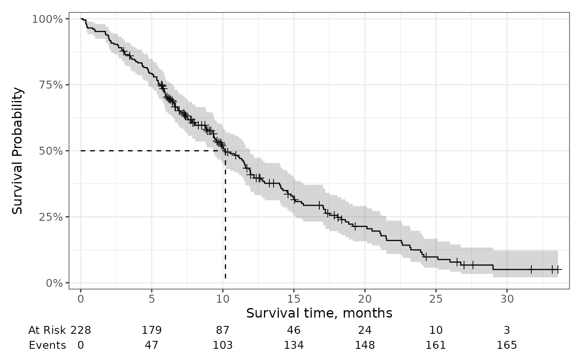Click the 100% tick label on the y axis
tap(47, 19)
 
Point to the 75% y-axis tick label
tap(51, 85)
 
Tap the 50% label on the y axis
tap(51, 151)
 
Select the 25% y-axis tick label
tap(51, 217)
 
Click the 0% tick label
tap(54, 283)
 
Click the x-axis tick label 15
tap(294, 299)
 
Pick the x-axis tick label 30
tap(507, 299)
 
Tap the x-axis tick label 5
tap(152, 299)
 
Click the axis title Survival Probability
tap(17, 150)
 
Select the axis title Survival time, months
tap(319, 313)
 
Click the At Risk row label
tap(47, 330)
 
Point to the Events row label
tap(47, 345)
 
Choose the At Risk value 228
tap(81, 330)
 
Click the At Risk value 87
tap(223, 330)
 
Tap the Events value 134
tap(294, 345)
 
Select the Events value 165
tap(507, 345)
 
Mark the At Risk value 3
tap(507, 330)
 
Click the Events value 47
tap(152, 345)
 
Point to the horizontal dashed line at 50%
tap(153, 150)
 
